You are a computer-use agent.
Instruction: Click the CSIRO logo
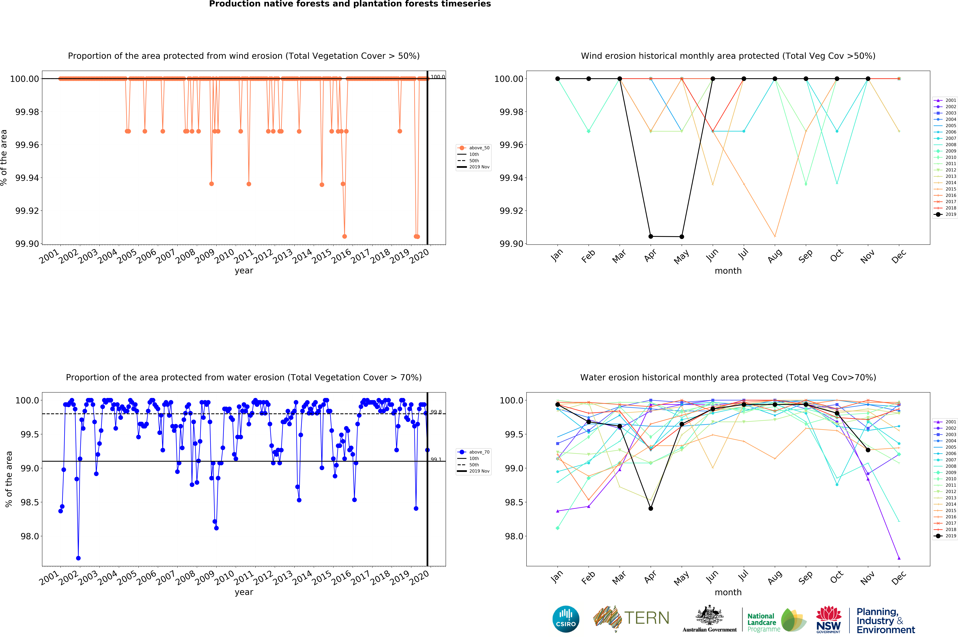tap(566, 619)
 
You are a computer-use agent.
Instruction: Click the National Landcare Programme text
tap(762, 622)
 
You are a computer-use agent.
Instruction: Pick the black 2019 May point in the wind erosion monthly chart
tap(682, 237)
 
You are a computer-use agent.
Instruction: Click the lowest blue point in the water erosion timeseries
tap(78, 558)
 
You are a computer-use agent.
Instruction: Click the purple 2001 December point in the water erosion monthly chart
tap(899, 558)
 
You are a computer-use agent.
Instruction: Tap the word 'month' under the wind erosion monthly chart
tap(728, 271)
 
